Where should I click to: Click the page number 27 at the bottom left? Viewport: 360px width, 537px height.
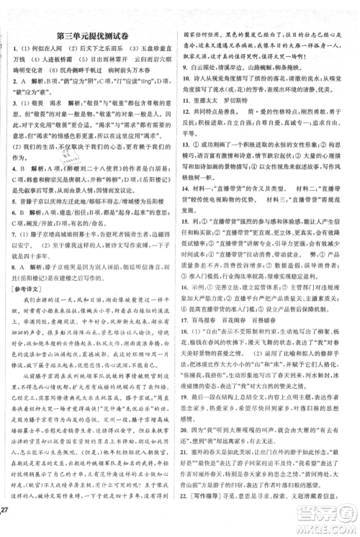pyautogui.click(x=8, y=523)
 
